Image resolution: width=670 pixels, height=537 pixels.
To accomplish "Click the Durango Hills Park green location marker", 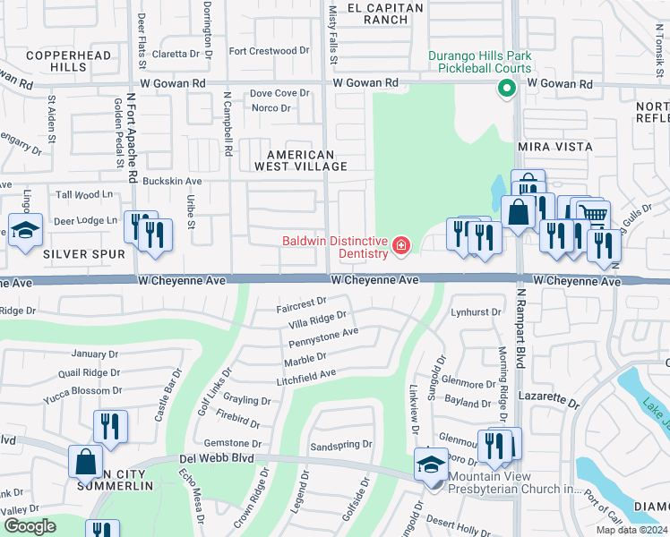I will pyautogui.click(x=505, y=88).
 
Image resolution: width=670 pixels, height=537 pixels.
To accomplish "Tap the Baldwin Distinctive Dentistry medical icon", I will pyautogui.click(x=399, y=244).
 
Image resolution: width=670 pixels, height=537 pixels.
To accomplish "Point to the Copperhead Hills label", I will pyautogui.click(x=69, y=61).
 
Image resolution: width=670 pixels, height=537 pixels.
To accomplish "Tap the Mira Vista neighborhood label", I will pyautogui.click(x=554, y=146).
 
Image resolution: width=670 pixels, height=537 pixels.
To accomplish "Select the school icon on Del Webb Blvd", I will pyautogui.click(x=431, y=465).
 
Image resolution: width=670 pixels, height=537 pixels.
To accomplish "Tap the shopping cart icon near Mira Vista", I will pyautogui.click(x=593, y=215).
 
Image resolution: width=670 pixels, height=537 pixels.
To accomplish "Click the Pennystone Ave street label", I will pyautogui.click(x=322, y=337).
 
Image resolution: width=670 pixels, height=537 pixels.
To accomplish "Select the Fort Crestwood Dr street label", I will pyautogui.click(x=269, y=51).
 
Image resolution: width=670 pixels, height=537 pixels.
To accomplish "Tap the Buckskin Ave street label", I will pyautogui.click(x=172, y=181).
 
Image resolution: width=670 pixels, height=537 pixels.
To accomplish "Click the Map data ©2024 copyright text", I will pyautogui.click(x=633, y=531).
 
